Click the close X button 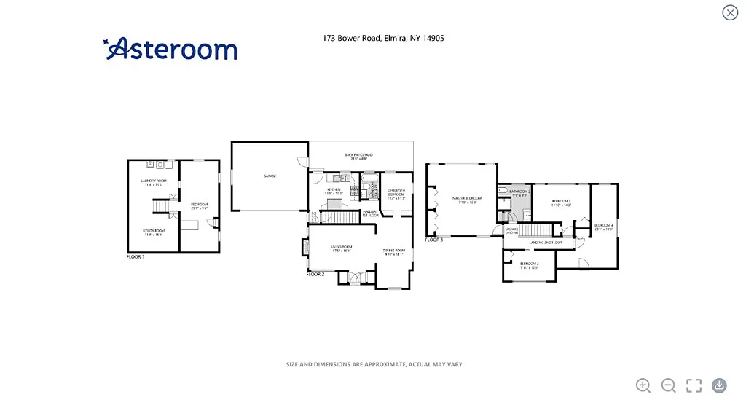point(729,12)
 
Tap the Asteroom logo point(170,49)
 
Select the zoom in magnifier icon point(643,385)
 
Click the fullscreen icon point(694,385)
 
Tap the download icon point(719,385)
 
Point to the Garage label point(269,176)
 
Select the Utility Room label point(153,232)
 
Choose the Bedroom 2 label point(529,264)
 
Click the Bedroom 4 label point(604,227)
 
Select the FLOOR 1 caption point(136,257)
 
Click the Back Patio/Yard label point(358,154)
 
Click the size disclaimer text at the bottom point(374,364)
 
